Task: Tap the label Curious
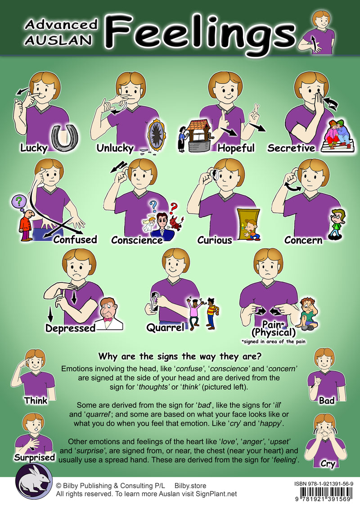click(x=215, y=240)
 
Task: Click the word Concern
click(x=303, y=240)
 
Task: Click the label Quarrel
click(x=165, y=328)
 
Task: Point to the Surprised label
click(x=34, y=458)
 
